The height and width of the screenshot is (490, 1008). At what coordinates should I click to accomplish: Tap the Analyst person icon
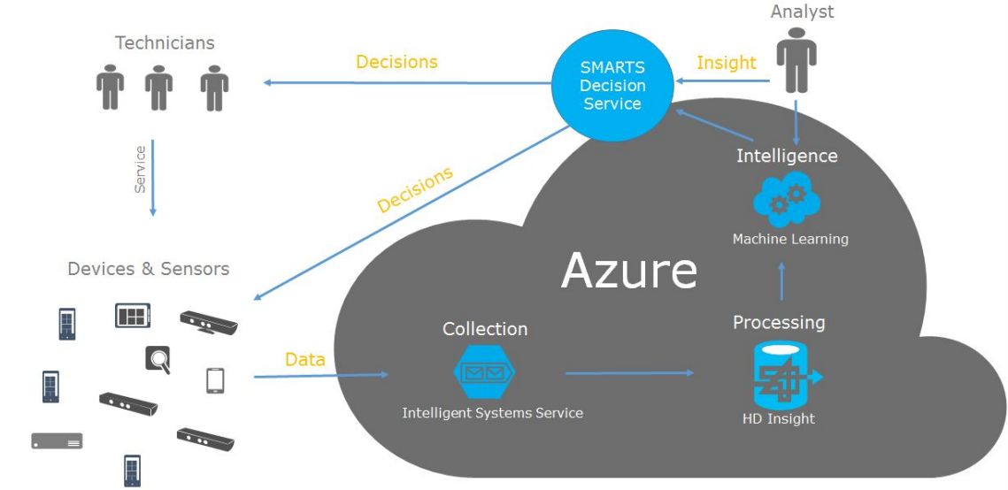tap(796, 59)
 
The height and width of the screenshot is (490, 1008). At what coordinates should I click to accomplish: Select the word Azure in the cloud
tap(629, 270)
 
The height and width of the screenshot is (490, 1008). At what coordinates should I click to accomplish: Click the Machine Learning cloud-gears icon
tap(786, 200)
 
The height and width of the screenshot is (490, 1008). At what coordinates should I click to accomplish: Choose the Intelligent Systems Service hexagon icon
tap(484, 373)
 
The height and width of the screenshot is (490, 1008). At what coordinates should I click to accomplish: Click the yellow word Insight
tap(726, 63)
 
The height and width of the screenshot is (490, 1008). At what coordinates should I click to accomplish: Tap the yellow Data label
tap(304, 360)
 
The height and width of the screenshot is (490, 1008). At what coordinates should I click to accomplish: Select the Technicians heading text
tap(165, 42)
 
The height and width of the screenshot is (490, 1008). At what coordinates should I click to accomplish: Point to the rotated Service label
tap(140, 169)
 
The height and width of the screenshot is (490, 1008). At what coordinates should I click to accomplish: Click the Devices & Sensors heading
tap(148, 269)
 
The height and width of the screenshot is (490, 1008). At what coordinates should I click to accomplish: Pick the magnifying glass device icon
tap(158, 359)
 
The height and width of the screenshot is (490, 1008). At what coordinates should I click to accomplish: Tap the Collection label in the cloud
tap(485, 329)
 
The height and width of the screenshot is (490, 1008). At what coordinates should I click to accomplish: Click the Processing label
tap(779, 323)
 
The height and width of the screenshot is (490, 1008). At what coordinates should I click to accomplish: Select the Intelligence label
tap(787, 156)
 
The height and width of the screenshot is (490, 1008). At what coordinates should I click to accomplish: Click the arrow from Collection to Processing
tap(629, 373)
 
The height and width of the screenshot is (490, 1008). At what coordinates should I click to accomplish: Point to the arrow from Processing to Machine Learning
tap(781, 280)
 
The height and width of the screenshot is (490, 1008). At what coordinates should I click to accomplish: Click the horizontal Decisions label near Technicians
tap(396, 62)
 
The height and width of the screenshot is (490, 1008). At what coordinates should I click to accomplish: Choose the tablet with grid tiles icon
tap(133, 316)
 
